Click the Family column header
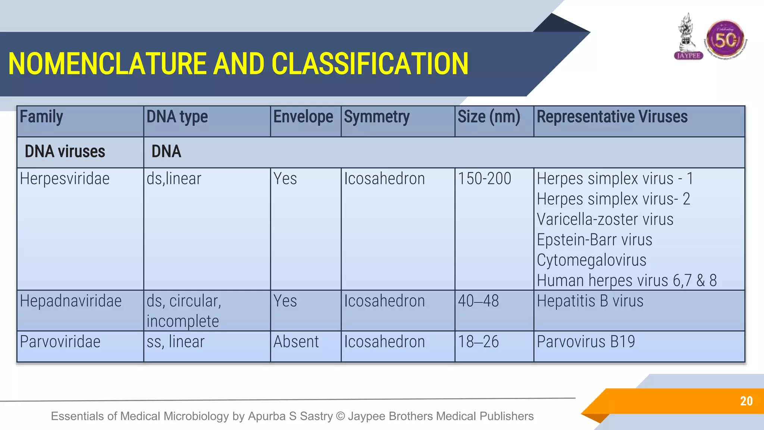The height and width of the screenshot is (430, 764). [x=41, y=117]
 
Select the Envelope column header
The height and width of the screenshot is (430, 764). [x=303, y=117]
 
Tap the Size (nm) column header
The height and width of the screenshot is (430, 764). [x=489, y=117]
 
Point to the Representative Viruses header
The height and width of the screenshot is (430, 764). [x=612, y=117]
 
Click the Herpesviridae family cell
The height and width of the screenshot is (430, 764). [x=65, y=179]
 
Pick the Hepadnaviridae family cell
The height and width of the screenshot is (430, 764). [x=71, y=301]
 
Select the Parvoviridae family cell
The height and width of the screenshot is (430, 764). [x=60, y=342]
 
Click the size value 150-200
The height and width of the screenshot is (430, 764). [x=484, y=179]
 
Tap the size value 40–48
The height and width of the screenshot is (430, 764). [x=478, y=301]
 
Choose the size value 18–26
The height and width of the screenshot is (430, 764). [x=478, y=342]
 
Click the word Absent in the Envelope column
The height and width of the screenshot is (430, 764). [x=296, y=342]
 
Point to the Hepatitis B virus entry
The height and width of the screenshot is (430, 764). [x=590, y=301]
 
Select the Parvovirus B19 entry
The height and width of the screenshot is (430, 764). [x=586, y=342]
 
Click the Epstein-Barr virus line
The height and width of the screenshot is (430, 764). [x=594, y=240]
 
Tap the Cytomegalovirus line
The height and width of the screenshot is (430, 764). [x=591, y=260]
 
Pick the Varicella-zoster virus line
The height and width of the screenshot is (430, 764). [x=605, y=219]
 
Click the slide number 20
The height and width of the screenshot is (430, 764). [x=746, y=401]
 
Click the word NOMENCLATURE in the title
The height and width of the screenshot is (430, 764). [x=107, y=64]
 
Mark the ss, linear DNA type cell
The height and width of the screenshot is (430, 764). [x=175, y=342]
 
